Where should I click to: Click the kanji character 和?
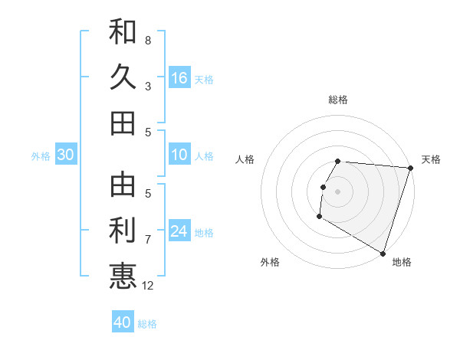(123, 32)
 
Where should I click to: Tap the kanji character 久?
(123, 77)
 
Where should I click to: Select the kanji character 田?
(123, 123)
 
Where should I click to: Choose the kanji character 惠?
(123, 276)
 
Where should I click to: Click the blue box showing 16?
(179, 77)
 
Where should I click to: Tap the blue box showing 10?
(179, 155)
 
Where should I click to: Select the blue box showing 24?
(179, 231)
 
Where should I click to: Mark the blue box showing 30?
(65, 155)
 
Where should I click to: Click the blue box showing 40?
(123, 322)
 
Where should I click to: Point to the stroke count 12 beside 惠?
(149, 286)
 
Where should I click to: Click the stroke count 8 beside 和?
(148, 40)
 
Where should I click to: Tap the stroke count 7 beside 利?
(148, 240)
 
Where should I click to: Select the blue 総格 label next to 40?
(147, 324)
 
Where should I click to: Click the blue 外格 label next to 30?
(41, 156)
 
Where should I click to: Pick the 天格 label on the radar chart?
(431, 159)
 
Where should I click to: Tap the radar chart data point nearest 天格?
(410, 168)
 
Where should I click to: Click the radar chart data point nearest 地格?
(383, 253)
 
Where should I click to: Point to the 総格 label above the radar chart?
(338, 100)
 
